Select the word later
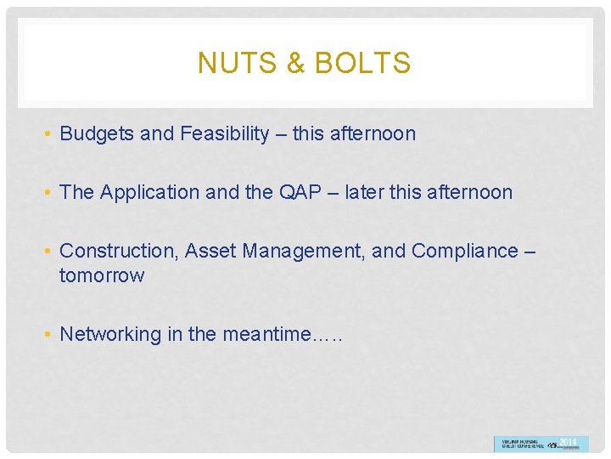coord(365,193)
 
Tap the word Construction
coord(119,252)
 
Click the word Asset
coord(210,252)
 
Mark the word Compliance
coord(464,252)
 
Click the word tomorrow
coord(102,276)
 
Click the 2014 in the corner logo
coord(568,442)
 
